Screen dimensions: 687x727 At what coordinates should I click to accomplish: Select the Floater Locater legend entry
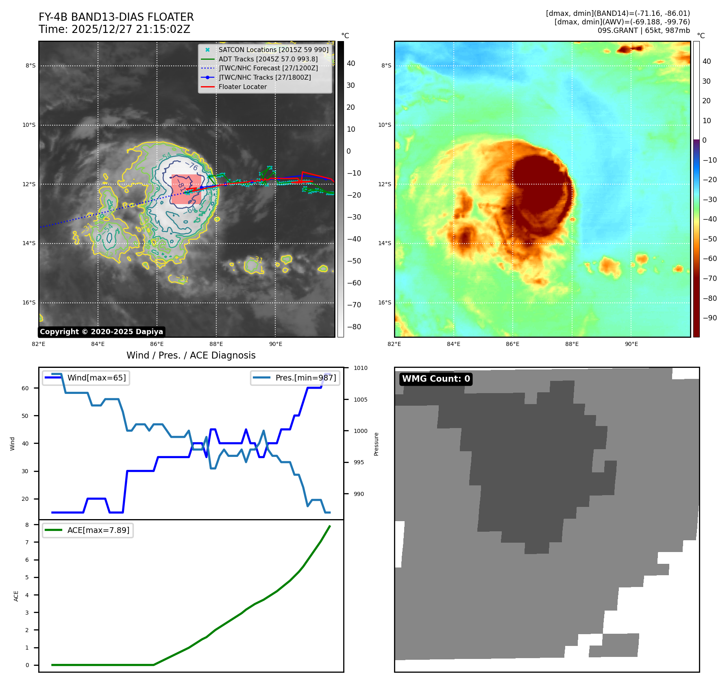tap(243, 87)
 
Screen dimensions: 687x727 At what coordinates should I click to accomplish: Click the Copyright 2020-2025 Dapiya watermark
tap(101, 332)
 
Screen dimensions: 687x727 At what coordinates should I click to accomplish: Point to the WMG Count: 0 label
tap(436, 379)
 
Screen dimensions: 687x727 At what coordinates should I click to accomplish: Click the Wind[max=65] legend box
tap(86, 378)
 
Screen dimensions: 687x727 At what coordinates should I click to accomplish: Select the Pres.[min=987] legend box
tap(295, 378)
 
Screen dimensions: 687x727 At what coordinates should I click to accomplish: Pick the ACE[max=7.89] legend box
tap(88, 530)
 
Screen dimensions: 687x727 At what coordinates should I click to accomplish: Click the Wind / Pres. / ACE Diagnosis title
tap(191, 355)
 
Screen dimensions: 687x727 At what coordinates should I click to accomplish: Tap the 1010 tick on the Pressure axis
tap(360, 368)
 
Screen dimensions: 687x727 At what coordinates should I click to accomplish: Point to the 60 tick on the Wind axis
tap(25, 388)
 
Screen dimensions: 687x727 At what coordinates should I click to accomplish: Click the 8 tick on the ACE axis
tap(27, 525)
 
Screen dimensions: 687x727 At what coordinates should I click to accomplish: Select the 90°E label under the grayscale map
tap(275, 344)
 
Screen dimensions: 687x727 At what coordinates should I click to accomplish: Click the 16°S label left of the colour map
tap(385, 302)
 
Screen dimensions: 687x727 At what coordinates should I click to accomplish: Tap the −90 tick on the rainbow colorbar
tap(710, 318)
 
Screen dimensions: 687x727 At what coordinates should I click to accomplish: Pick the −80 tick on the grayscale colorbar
tap(354, 327)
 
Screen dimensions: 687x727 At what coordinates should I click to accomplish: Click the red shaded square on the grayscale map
tap(186, 189)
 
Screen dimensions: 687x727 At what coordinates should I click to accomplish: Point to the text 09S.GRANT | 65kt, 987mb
tap(644, 30)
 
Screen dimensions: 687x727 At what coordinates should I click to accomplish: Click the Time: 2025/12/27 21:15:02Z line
tap(114, 29)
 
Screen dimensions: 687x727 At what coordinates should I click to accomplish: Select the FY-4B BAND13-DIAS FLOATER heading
tap(116, 17)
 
